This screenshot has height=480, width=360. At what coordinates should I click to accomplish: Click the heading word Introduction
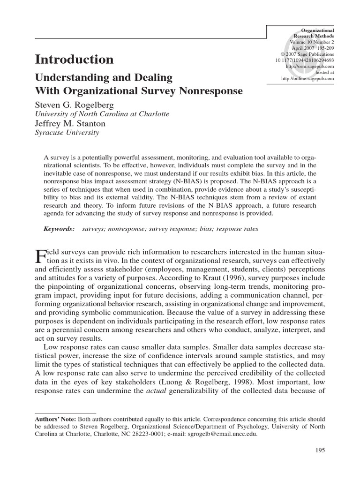pos(74,60)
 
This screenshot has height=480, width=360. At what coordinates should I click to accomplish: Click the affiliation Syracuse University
pos(67,133)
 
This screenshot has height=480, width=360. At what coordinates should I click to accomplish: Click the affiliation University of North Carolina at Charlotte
pos(102,114)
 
